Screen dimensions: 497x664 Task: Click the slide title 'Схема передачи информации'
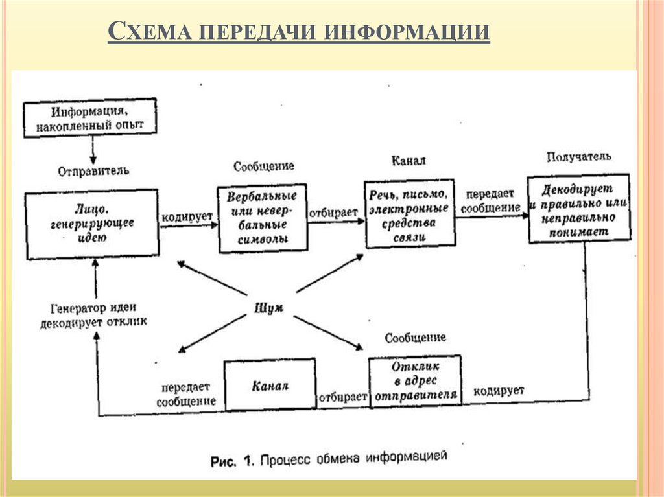click(x=298, y=32)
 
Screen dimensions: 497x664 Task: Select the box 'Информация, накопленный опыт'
click(x=90, y=117)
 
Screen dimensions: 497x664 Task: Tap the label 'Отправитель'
click(x=93, y=171)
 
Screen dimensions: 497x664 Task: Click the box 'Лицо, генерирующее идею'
click(x=92, y=224)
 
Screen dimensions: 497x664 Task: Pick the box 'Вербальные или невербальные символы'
click(x=262, y=217)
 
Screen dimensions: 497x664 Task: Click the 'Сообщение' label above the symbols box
click(x=264, y=166)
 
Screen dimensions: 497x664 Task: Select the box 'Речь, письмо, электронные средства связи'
click(x=409, y=214)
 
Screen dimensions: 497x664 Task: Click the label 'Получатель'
click(x=578, y=157)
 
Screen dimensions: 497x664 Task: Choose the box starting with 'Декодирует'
click(x=578, y=208)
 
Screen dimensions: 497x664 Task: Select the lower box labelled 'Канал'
click(x=269, y=386)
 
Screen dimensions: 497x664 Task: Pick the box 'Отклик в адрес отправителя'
click(x=415, y=381)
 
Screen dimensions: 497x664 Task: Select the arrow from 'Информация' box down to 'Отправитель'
click(x=93, y=150)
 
